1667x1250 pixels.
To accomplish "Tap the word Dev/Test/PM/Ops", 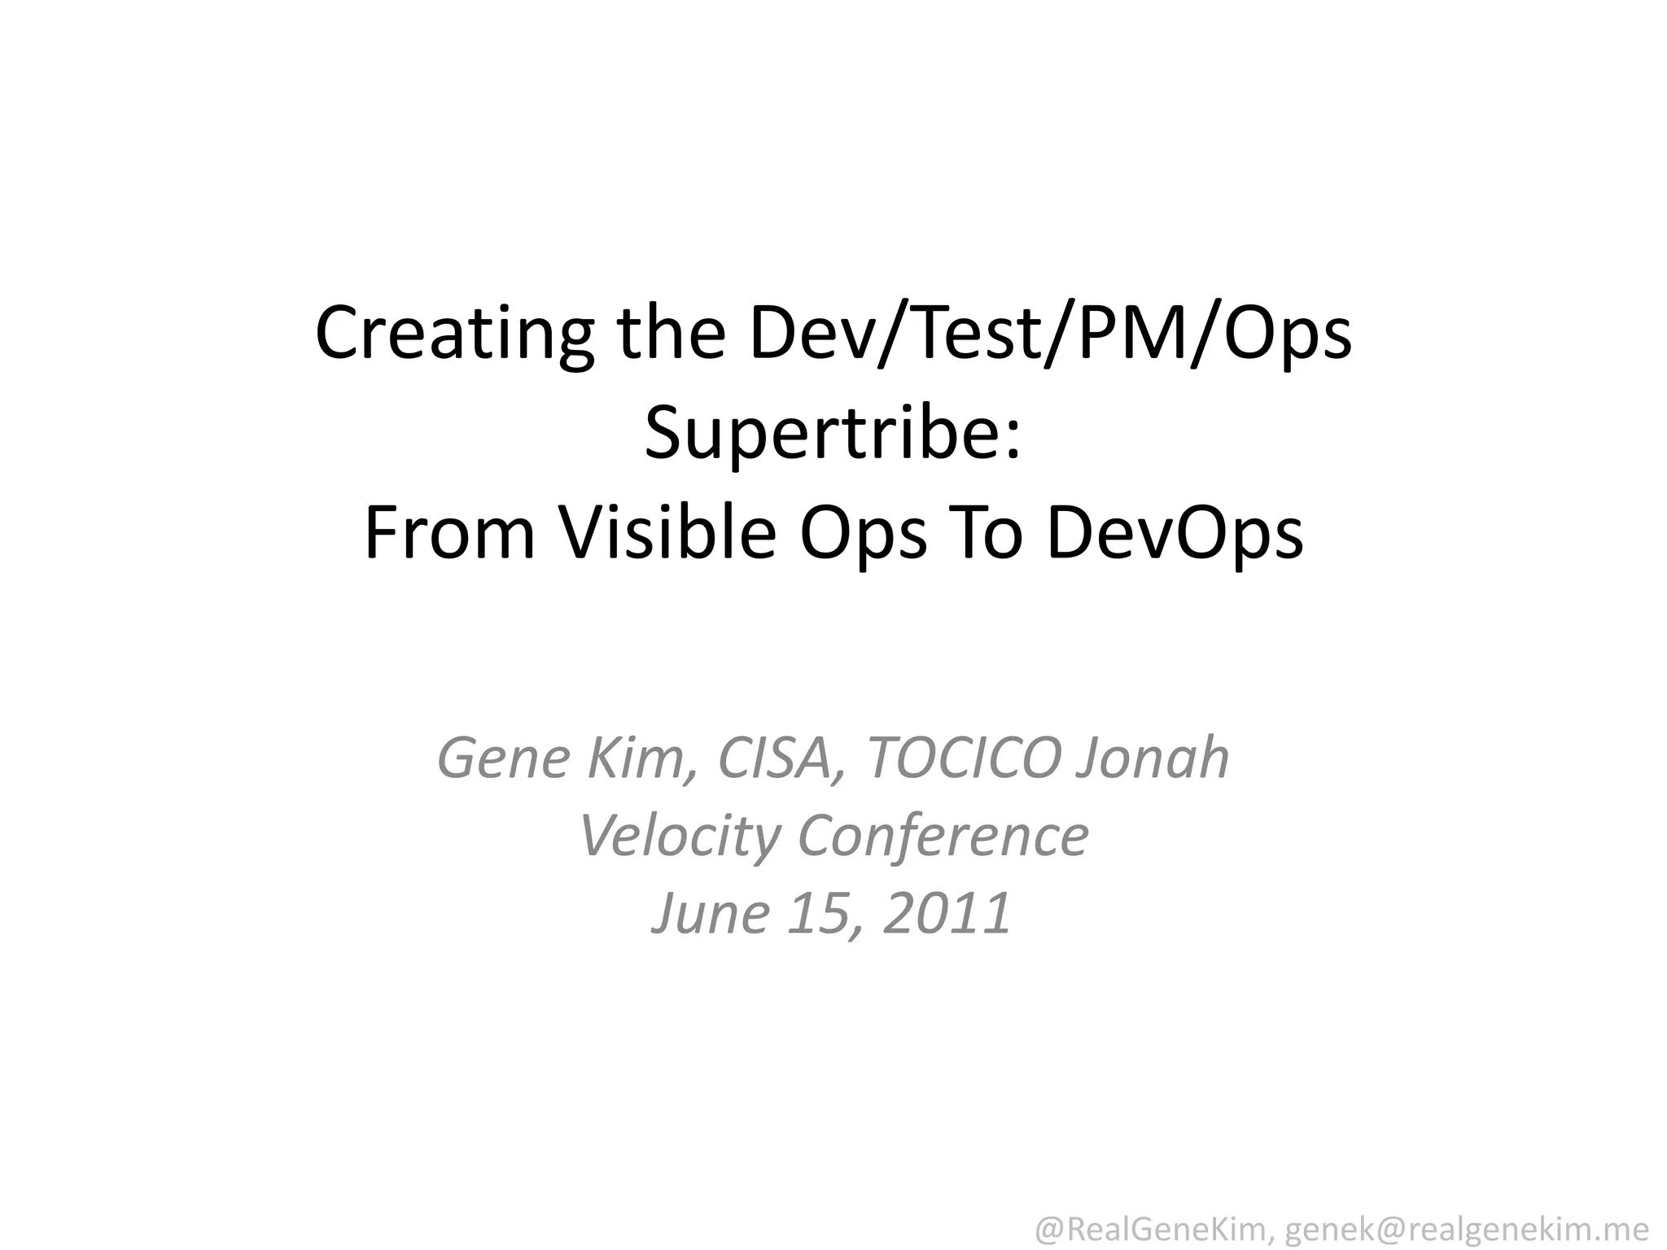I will [x=1050, y=334].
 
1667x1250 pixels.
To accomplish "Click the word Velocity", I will [x=679, y=836].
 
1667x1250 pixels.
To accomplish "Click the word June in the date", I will [x=709, y=912].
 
